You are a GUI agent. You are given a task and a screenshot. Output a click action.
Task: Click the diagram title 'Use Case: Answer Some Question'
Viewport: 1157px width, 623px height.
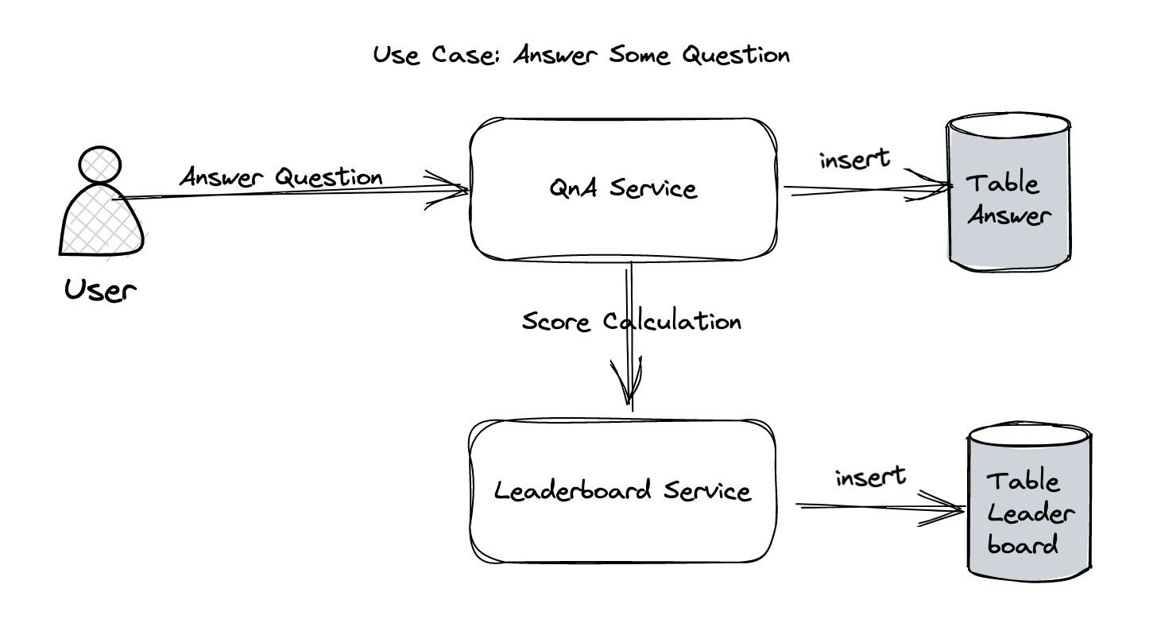click(582, 56)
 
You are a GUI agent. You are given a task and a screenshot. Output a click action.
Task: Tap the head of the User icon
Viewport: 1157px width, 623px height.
click(100, 164)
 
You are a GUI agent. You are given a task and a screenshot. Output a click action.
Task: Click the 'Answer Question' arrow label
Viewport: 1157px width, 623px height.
click(281, 176)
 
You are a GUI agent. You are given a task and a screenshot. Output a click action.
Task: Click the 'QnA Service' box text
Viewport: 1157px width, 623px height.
click(622, 189)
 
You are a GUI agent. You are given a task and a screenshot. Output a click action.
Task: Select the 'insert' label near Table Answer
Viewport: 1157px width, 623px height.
click(854, 159)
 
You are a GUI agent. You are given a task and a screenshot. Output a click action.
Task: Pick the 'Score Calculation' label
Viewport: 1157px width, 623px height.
click(631, 321)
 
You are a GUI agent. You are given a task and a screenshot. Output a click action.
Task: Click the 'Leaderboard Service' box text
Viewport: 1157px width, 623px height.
click(622, 490)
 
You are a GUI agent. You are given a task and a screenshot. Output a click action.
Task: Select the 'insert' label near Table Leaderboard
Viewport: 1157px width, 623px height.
click(870, 477)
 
